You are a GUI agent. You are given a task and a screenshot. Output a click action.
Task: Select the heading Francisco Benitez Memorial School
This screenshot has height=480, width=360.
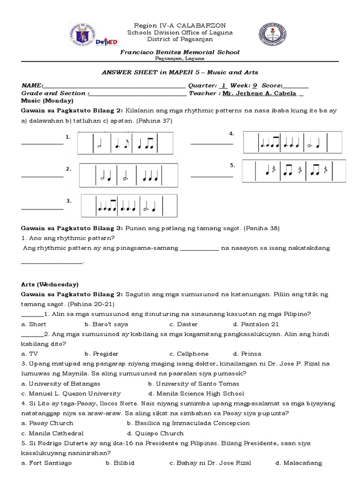[180, 52]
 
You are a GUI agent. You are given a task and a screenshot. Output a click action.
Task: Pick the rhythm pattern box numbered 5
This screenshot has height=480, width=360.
[294, 171]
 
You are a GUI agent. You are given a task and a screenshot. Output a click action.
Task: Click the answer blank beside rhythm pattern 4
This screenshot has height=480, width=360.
[211, 143]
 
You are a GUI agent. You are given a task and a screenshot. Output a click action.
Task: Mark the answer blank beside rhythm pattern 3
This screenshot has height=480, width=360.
[42, 208]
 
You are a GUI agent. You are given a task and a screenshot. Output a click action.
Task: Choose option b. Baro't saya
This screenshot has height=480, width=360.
[106, 324]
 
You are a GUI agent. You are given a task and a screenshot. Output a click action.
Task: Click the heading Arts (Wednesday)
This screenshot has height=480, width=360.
[50, 285]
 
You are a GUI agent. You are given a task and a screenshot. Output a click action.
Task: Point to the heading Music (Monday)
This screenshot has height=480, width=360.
[47, 100]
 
